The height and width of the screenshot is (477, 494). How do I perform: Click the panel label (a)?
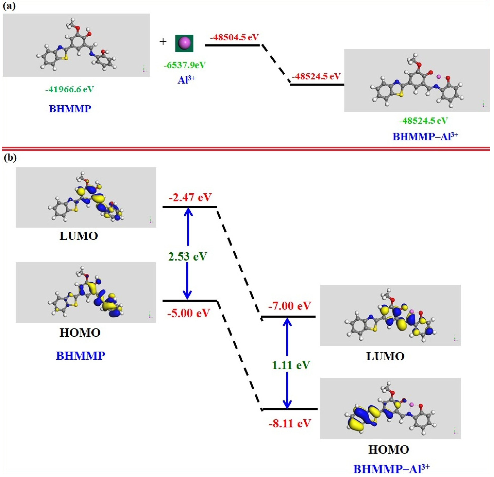9,6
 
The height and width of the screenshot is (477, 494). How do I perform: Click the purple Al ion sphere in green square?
184,43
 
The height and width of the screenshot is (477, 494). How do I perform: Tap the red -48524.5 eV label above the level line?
317,76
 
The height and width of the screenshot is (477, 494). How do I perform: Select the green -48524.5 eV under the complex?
423,121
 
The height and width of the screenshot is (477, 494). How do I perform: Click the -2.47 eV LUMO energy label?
190,197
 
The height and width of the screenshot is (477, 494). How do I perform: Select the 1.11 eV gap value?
291,365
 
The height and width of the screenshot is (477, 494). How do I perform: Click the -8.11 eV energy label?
290,423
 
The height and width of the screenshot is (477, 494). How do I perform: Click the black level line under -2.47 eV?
190,207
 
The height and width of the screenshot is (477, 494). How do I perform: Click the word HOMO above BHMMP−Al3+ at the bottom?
388,450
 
